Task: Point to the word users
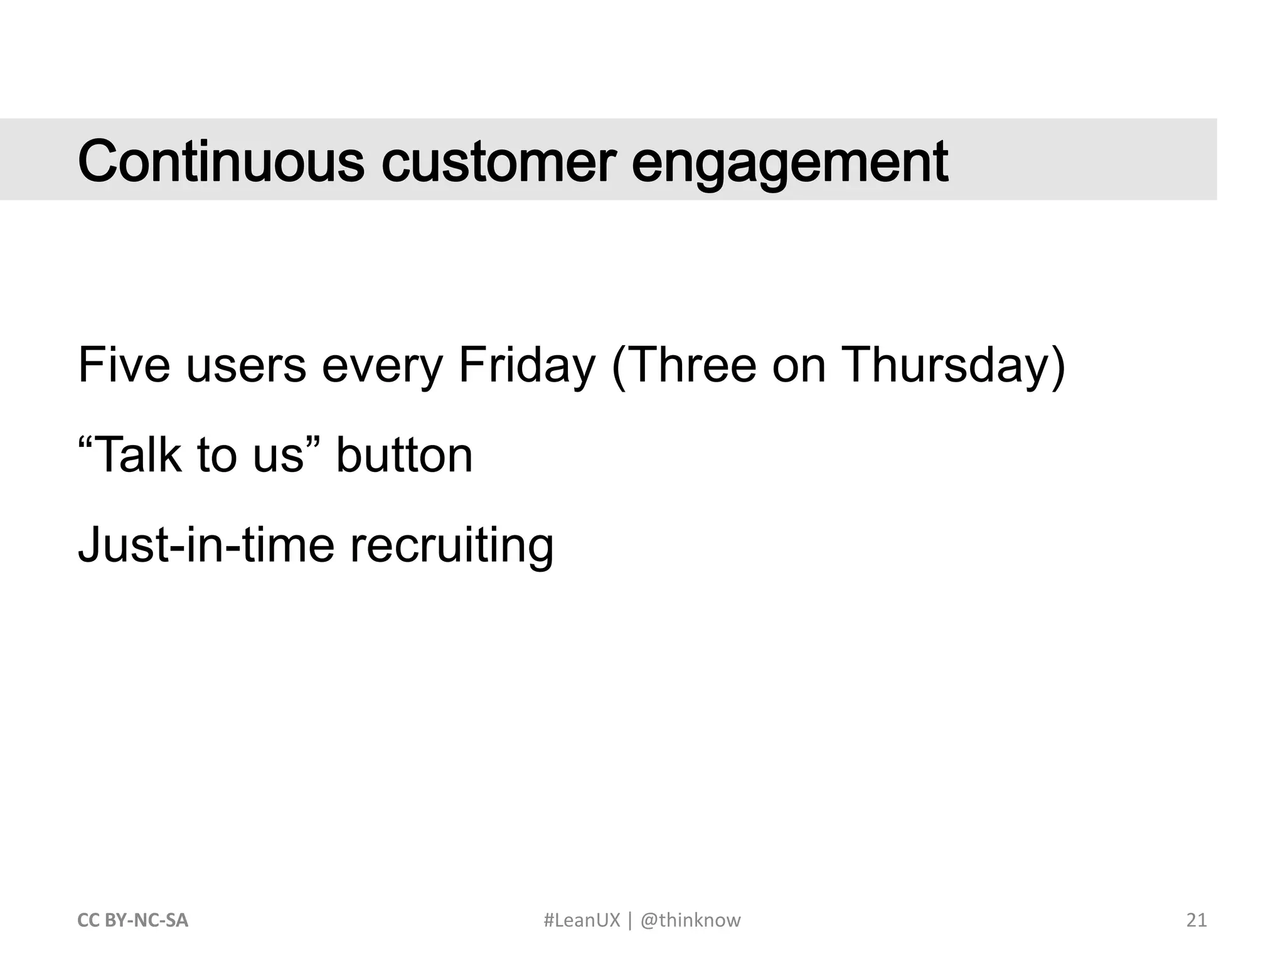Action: pos(246,366)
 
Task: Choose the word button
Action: pos(404,454)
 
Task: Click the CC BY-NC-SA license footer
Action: pos(132,920)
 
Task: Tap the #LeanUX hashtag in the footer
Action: pos(582,920)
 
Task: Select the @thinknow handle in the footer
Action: pos(690,920)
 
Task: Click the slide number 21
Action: pos(1197,920)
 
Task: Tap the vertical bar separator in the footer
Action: pos(630,921)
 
